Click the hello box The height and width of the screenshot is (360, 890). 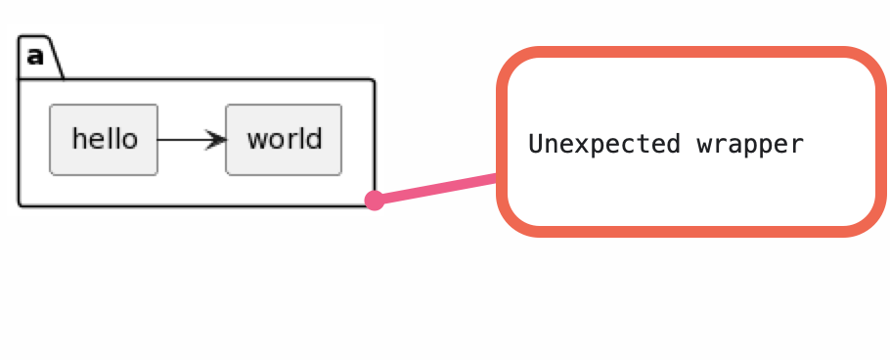tap(104, 139)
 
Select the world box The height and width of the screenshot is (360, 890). tap(284, 139)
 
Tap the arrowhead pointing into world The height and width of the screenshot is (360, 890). tap(217, 140)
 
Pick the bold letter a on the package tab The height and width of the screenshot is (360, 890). tap(35, 56)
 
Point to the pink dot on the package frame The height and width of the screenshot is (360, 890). tap(374, 201)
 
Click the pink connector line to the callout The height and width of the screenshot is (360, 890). tap(436, 189)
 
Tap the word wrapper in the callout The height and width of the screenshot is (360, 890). tap(750, 145)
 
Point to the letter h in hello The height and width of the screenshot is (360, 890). tap(79, 138)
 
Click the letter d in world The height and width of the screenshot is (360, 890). tap(314, 138)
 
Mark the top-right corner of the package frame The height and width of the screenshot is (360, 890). tap(374, 80)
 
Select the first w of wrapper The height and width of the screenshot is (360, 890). tap(704, 146)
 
